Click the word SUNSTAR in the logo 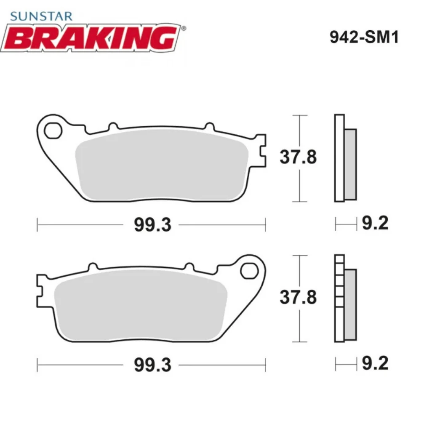(x=41, y=16)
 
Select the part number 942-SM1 (x=363, y=37)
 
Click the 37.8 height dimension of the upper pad (x=298, y=158)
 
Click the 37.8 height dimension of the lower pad (x=298, y=298)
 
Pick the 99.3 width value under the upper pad (x=153, y=225)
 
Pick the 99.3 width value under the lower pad (x=153, y=365)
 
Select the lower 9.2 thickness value (x=375, y=363)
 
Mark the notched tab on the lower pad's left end (x=41, y=290)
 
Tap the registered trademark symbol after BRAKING (x=183, y=29)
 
